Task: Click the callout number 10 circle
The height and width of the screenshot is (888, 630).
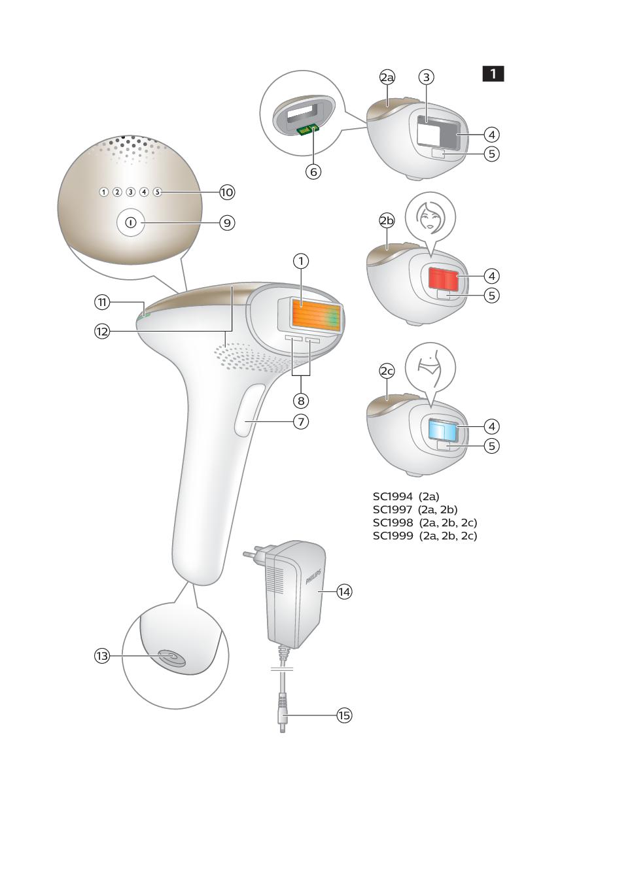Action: tap(227, 192)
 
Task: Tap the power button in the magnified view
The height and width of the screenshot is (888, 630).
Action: tap(131, 223)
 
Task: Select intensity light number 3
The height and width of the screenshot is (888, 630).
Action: tap(131, 192)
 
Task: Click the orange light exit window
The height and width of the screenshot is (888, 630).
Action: tap(316, 316)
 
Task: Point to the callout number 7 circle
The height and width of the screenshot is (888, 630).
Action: tap(301, 421)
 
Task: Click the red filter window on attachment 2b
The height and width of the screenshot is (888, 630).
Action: tap(444, 279)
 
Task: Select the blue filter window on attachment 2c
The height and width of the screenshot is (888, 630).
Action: tap(444, 430)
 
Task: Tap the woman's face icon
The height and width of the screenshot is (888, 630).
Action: tap(430, 217)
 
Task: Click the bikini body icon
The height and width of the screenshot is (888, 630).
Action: tap(430, 367)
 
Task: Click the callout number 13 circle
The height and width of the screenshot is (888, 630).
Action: tap(102, 656)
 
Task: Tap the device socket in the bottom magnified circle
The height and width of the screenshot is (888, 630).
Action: tap(172, 658)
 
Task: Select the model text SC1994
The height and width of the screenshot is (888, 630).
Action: tap(393, 496)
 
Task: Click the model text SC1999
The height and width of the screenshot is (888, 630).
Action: tap(393, 536)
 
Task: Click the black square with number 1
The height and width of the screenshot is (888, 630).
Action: tap(493, 74)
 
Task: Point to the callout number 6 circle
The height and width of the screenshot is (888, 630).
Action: tap(313, 172)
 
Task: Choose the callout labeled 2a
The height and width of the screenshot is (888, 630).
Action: tap(387, 77)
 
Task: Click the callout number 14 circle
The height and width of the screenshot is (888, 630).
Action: tap(344, 592)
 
